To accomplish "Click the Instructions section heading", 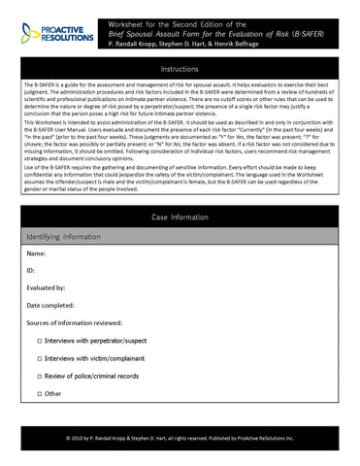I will point(180,69).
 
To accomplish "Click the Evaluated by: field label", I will point(48,288).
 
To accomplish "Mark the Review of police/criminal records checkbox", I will point(40,376).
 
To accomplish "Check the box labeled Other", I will point(40,393).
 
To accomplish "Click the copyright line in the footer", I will point(180,438).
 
